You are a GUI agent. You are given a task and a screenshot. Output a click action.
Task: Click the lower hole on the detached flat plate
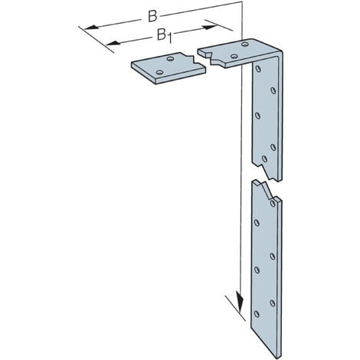pos(159,74)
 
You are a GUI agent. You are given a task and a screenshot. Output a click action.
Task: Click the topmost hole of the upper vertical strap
pos(258,70)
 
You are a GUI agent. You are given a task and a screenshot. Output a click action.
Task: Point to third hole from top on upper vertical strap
pos(258,116)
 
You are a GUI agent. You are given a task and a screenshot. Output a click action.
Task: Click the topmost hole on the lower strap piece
pos(272,204)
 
